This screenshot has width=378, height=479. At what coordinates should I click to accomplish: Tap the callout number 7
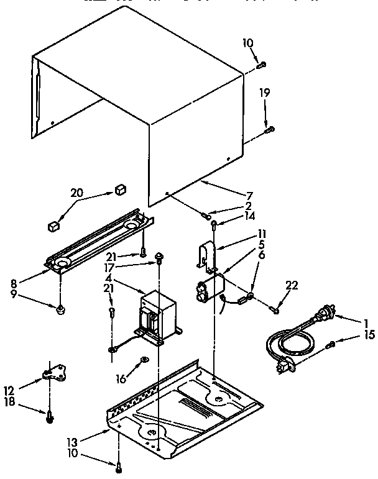pyautogui.click(x=249, y=195)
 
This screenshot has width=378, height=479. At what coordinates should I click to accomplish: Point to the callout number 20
pyautogui.click(x=76, y=193)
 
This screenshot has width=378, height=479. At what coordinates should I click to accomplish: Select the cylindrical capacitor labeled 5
pyautogui.click(x=208, y=291)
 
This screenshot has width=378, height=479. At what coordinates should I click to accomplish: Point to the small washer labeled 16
pyautogui.click(x=144, y=358)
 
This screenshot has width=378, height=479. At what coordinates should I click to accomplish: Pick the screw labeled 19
pyautogui.click(x=269, y=129)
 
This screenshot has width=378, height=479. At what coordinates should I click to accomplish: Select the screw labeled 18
pyautogui.click(x=48, y=417)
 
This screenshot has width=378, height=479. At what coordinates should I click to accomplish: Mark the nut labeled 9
pyautogui.click(x=60, y=309)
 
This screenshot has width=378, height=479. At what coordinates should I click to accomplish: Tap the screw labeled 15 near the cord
pyautogui.click(x=333, y=345)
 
